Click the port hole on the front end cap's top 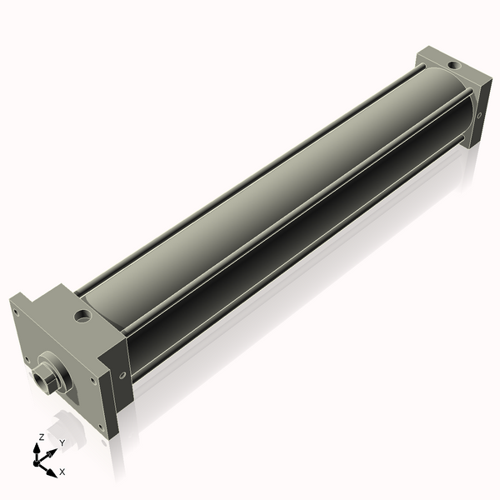(82, 317)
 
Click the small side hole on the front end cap (122, 374)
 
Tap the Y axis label (62, 442)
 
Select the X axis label (62, 472)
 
